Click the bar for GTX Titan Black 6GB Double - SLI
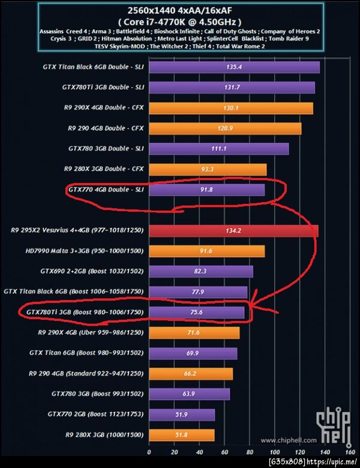[x=234, y=67]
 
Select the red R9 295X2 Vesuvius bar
[x=233, y=231]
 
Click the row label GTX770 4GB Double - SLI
[x=106, y=190]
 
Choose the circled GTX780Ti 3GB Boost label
[x=83, y=313]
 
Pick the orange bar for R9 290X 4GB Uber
[x=194, y=333]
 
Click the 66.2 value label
[x=191, y=374]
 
